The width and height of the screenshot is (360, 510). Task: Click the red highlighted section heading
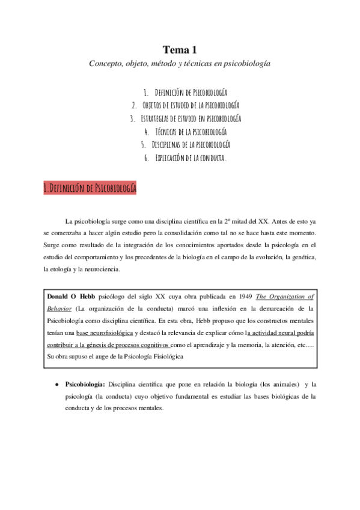click(90, 188)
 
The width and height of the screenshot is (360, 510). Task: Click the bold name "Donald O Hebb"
click(70, 296)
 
